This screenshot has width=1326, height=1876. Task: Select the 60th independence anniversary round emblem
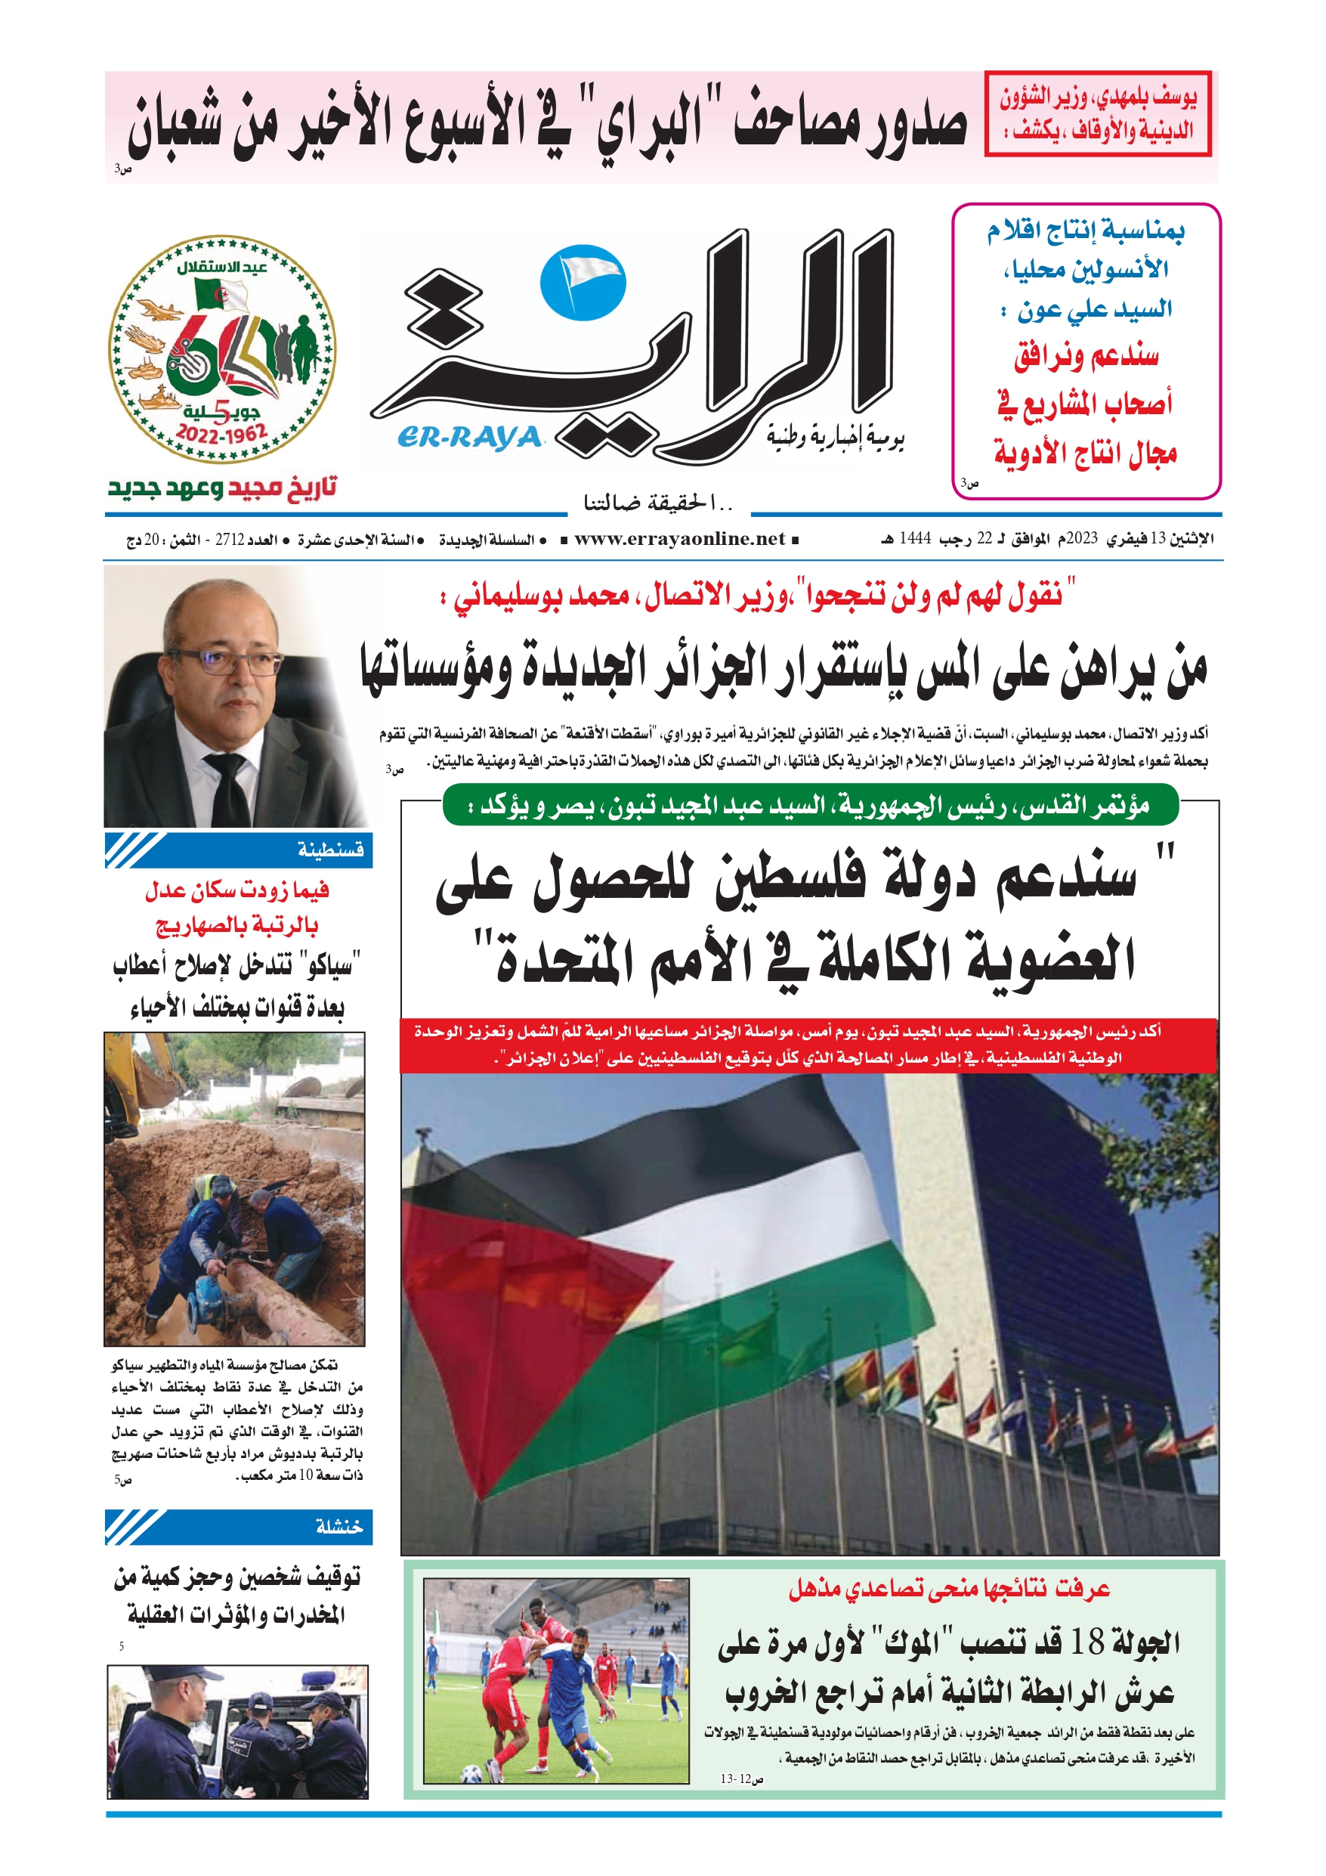[222, 350]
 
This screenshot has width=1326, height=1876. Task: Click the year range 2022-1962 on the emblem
[222, 432]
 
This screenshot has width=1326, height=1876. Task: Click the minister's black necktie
[228, 788]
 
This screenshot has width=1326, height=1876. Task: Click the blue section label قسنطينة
[329, 850]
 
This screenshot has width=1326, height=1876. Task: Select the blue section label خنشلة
[338, 1526]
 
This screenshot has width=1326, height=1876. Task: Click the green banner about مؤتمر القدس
[809, 806]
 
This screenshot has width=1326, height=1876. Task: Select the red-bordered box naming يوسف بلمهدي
[1097, 113]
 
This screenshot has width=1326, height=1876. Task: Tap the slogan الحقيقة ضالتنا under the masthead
[659, 503]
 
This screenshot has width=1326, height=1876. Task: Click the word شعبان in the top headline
[181, 128]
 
